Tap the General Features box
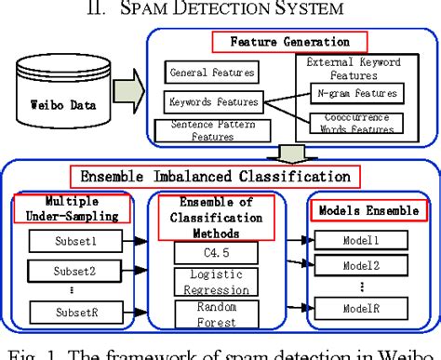(210, 72)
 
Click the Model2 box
(361, 265)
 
